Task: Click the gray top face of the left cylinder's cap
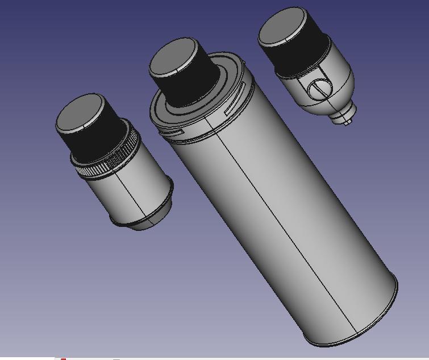[80, 113]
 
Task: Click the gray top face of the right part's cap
[281, 27]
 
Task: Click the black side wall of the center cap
[193, 85]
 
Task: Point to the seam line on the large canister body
[284, 227]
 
